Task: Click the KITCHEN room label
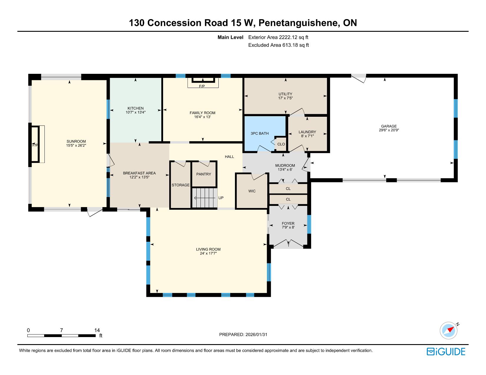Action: (135, 108)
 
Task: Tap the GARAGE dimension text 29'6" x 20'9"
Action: (389, 130)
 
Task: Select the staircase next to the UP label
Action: (204, 198)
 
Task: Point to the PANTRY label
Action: (203, 174)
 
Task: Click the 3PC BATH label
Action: (259, 134)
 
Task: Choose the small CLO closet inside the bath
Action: (281, 144)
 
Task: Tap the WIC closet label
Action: (252, 191)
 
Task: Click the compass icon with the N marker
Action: (449, 330)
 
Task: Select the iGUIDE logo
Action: (446, 351)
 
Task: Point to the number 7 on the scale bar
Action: (62, 330)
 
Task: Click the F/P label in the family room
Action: (202, 86)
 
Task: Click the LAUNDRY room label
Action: (307, 132)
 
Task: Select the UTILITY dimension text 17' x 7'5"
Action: (285, 98)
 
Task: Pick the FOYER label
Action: (288, 224)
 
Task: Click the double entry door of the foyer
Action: (288, 244)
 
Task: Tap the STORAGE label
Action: (180, 185)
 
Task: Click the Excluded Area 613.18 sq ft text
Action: (278, 45)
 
